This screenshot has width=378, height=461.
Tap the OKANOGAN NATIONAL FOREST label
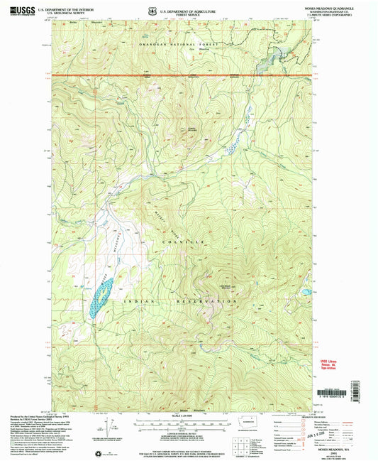tap(181, 43)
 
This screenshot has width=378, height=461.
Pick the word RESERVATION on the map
tap(199, 303)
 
